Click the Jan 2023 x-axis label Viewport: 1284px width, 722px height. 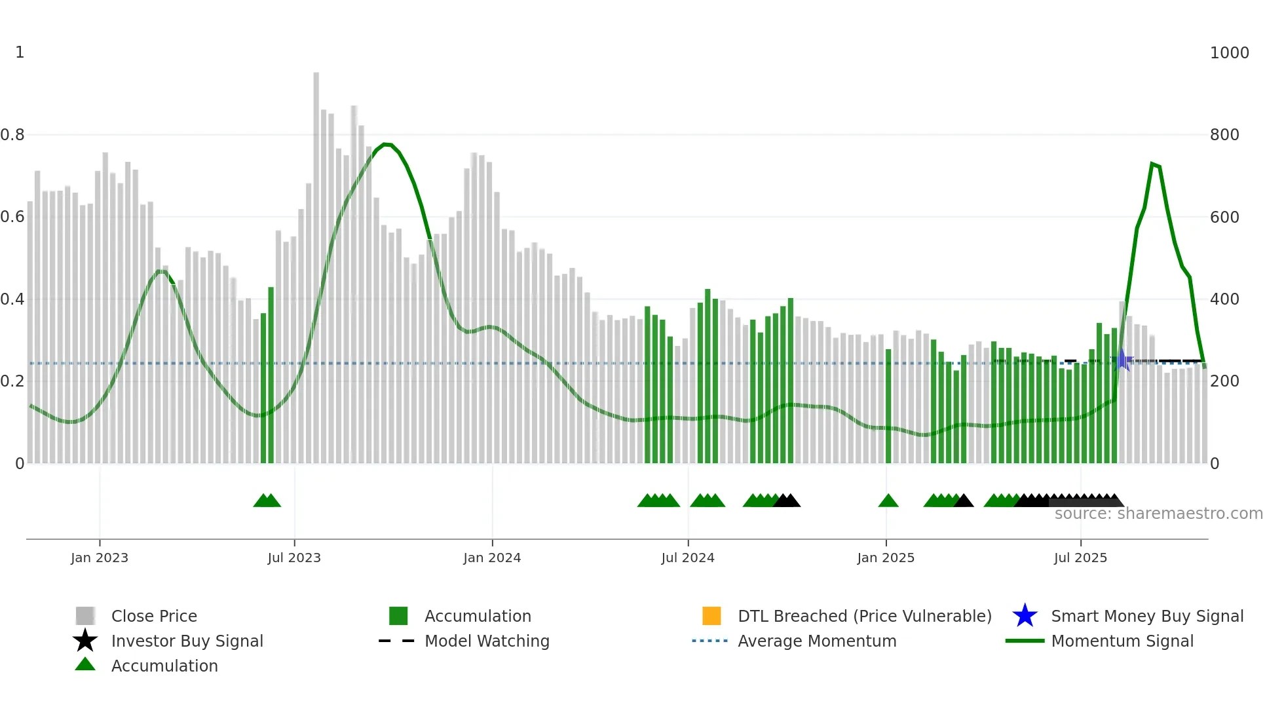coord(100,558)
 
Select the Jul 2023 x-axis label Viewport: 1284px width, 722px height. coord(294,558)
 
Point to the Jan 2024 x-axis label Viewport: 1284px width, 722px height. coord(492,558)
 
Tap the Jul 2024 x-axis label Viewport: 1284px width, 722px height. coord(688,558)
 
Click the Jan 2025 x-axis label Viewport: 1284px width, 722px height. coord(886,558)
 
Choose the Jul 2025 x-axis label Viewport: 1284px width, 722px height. coord(1080,558)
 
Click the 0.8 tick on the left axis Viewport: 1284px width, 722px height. coord(12,135)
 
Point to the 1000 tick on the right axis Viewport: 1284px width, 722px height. coord(1229,53)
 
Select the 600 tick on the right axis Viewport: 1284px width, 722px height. coord(1224,217)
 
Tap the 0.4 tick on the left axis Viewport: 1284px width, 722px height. coord(12,299)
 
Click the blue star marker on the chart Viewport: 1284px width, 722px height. coord(1122,360)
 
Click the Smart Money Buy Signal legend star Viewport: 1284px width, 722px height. coord(1025,616)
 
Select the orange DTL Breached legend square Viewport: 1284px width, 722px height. coord(711,616)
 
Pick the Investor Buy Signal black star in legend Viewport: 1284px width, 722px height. coord(85,641)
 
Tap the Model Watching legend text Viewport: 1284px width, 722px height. coord(487,641)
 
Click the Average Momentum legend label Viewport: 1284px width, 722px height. coord(817,641)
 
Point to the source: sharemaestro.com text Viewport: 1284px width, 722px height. coord(1158,514)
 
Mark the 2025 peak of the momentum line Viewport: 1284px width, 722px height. coord(1152,164)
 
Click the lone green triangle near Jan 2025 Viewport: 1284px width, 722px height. coord(888,501)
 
